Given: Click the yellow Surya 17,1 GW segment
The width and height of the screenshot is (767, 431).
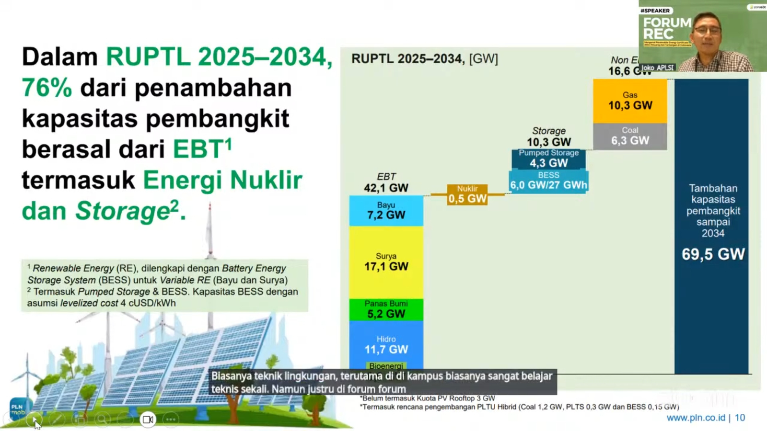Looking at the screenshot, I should [386, 262].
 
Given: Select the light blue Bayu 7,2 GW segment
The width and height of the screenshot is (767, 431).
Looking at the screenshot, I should [386, 211].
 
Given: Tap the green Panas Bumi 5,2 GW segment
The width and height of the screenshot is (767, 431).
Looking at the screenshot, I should [386, 309].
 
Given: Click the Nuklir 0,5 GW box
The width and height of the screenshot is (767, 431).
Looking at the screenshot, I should [467, 194].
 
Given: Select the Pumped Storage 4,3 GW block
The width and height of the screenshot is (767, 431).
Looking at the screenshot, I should [548, 159].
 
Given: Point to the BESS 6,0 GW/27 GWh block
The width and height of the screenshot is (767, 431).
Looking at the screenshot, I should [548, 181].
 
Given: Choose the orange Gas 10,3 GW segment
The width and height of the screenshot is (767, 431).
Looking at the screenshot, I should [630, 101].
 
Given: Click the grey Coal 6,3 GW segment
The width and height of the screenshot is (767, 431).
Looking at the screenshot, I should [630, 136].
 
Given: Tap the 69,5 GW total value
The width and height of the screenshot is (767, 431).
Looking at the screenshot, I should [713, 254].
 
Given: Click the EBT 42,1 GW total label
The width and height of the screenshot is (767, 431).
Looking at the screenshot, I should [386, 183].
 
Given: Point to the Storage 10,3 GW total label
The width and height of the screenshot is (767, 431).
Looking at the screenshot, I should [548, 137].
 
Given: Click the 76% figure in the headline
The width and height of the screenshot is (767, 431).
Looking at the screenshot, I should [47, 88].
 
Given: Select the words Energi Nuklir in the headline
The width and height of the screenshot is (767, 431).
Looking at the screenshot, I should [222, 180].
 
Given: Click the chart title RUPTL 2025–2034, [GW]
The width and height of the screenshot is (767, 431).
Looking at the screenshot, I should [425, 59].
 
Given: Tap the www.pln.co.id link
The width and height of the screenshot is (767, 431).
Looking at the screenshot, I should [696, 418].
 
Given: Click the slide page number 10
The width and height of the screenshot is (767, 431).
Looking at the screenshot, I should [740, 418].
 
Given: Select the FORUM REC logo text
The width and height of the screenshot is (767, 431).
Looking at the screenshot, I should [667, 29].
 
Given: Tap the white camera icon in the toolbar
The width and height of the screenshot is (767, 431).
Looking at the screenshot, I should [148, 420].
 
